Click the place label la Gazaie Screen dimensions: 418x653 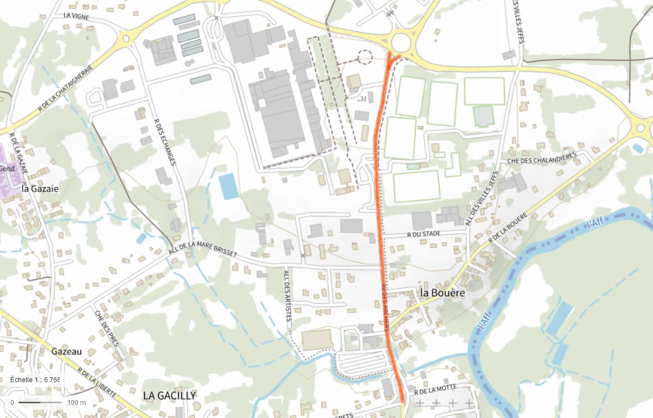coord(40,189)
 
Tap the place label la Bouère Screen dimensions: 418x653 coord(442,292)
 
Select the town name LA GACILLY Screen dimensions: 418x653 coord(169,395)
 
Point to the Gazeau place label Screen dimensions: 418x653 coord(66,351)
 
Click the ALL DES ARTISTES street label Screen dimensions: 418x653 coord(287,296)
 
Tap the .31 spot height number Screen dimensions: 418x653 coord(361,99)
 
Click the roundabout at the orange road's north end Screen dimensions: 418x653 coord(402,41)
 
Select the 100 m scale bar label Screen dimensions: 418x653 coord(77,403)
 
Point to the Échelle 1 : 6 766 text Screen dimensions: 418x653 coord(35,379)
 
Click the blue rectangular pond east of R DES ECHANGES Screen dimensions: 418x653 coord(229,186)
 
